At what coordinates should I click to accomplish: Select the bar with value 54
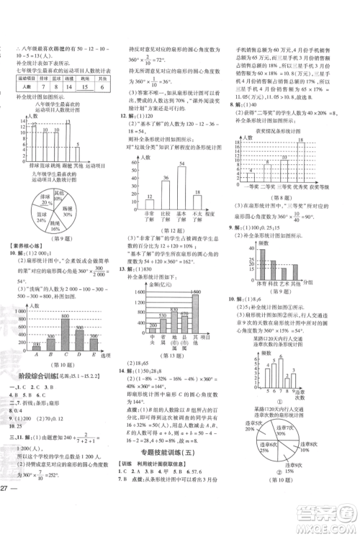point(181,186)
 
